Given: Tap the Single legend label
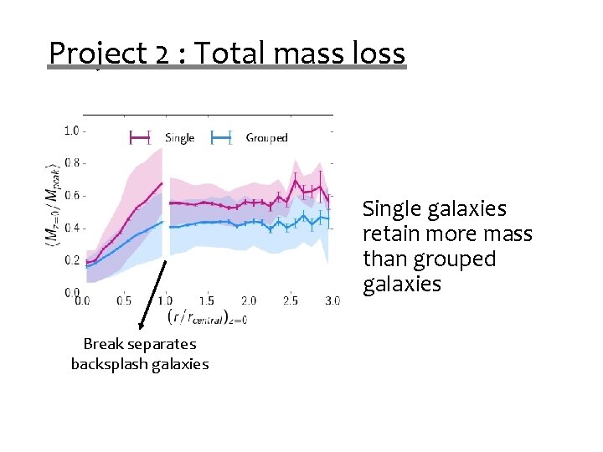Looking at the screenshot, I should (x=179, y=138).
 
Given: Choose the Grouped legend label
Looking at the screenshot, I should (x=266, y=138).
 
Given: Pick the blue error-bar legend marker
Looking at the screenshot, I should (x=221, y=138).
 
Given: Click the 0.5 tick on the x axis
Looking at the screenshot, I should (x=123, y=300).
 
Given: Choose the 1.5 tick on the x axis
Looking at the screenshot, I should (x=206, y=300).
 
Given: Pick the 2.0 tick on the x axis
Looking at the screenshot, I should (x=248, y=300).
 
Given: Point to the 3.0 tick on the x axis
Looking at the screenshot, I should (x=332, y=300).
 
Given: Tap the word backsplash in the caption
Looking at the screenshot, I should (x=107, y=364).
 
